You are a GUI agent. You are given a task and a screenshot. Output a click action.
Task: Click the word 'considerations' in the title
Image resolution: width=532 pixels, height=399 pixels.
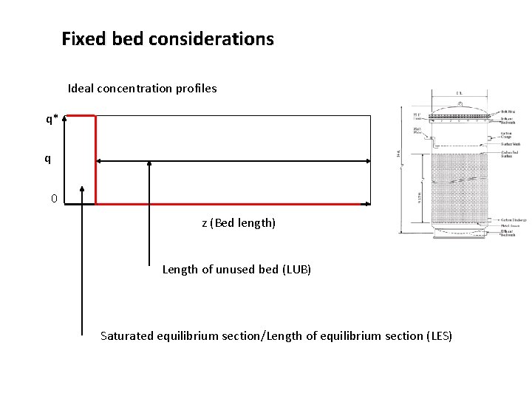[222, 38]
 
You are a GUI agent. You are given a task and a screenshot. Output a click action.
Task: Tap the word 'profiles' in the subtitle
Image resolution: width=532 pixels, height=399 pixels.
[196, 88]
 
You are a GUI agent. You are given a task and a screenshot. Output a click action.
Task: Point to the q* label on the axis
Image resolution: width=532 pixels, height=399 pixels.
[51, 118]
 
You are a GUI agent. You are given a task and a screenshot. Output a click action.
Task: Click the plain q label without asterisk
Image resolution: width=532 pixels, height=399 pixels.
[48, 158]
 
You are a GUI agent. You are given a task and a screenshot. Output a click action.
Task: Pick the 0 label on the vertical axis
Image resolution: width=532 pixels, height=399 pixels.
[54, 198]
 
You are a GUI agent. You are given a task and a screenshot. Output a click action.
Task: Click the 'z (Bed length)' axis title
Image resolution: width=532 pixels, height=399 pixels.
[238, 222]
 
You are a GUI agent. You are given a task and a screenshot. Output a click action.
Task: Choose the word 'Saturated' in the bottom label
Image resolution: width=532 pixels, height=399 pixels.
[127, 336]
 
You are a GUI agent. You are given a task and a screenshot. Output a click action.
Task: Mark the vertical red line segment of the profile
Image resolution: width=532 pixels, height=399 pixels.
[96, 159]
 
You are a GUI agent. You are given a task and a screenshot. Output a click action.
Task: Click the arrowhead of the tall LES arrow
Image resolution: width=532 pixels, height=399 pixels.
[81, 190]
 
